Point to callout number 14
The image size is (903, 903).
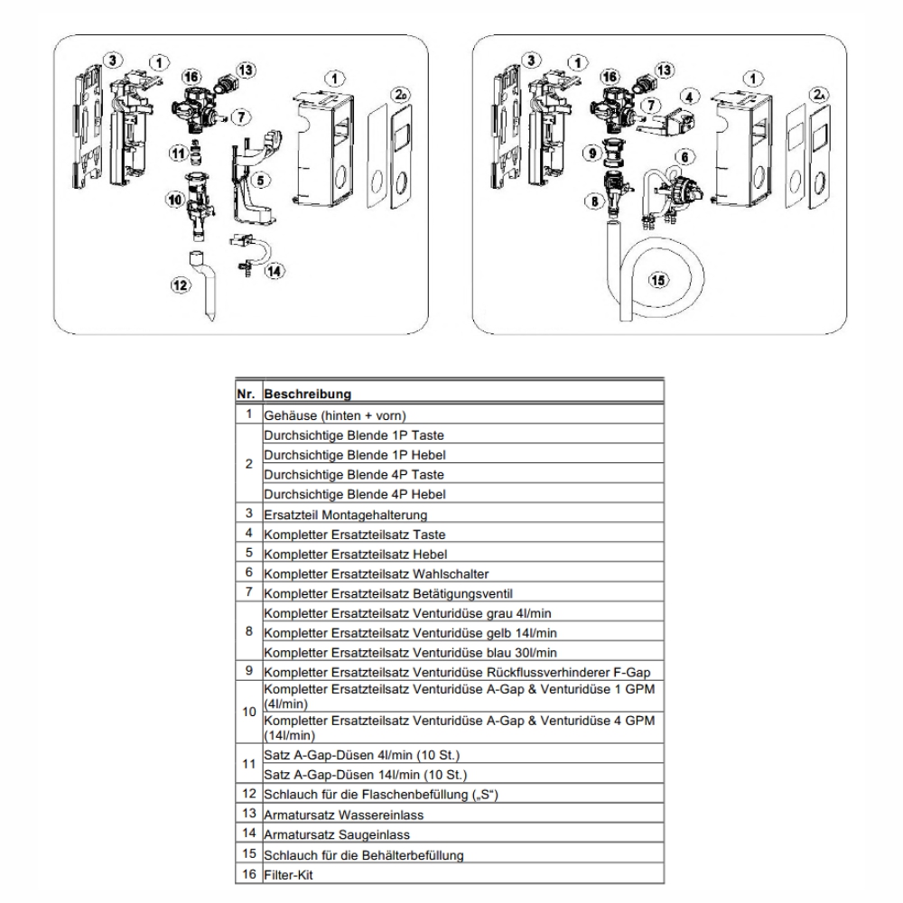coord(275,269)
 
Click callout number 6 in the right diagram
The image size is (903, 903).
coord(685,156)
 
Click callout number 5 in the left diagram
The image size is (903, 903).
coord(260,181)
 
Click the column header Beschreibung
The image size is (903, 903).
coord(308,395)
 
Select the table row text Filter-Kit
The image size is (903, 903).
coord(289,874)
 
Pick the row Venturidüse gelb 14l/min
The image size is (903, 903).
coord(415,633)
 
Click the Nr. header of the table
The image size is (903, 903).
coord(248,395)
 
